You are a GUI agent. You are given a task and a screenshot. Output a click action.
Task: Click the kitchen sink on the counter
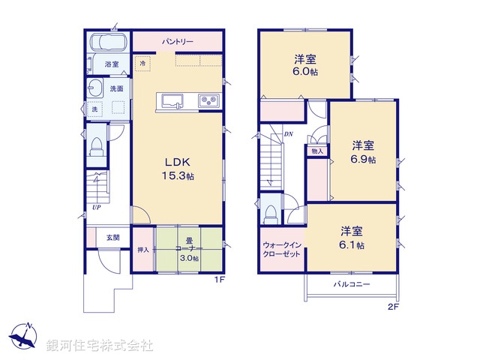pyautogui.click(x=170, y=100)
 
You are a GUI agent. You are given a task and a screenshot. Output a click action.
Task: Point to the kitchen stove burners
pyautogui.click(x=208, y=100)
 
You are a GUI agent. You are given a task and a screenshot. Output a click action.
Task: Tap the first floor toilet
pyautogui.click(x=97, y=146)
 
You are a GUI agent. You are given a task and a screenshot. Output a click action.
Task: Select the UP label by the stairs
pyautogui.click(x=97, y=208)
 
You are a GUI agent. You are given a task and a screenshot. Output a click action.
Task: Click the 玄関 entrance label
pyautogui.click(x=112, y=237)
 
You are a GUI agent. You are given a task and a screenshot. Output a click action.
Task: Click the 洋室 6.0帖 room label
pyautogui.click(x=304, y=64)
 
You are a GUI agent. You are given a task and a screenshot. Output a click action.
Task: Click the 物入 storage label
pyautogui.click(x=316, y=151)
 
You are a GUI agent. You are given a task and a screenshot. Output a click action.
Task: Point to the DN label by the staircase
pyautogui.click(x=288, y=135)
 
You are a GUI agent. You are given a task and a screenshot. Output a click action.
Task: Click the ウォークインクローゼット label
pyautogui.click(x=281, y=250)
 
